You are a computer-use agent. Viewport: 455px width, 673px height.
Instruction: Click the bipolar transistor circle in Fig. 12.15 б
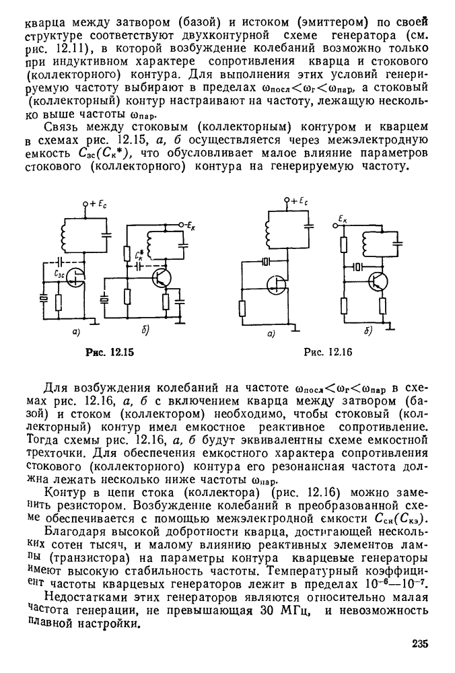point(162,278)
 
